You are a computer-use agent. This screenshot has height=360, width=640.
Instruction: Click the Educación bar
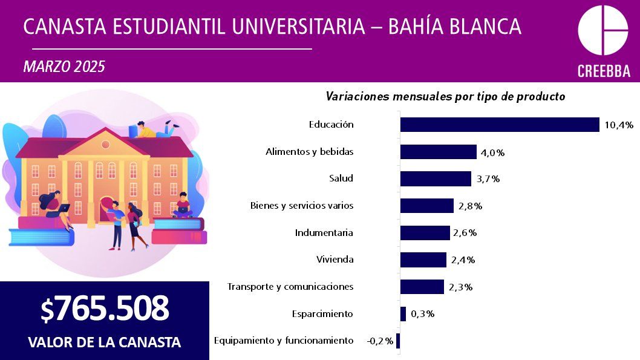(x=499, y=125)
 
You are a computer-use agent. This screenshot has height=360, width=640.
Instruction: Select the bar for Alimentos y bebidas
(x=438, y=152)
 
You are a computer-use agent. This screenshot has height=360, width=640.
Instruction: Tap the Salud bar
(x=436, y=178)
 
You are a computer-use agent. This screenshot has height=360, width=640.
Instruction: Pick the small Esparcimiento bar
(x=403, y=314)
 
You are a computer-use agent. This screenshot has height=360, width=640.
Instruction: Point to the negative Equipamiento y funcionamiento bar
(x=398, y=341)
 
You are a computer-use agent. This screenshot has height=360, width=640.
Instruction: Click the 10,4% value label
(x=618, y=125)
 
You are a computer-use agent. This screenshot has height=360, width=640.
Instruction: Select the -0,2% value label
(x=380, y=341)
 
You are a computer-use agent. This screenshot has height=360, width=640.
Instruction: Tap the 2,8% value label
(x=470, y=206)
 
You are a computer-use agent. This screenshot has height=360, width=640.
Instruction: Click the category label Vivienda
(x=335, y=260)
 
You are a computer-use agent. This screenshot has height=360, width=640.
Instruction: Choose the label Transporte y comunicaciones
(x=290, y=287)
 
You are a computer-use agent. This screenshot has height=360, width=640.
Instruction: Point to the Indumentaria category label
(x=324, y=233)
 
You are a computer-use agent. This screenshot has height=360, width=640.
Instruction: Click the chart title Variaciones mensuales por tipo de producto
(x=445, y=96)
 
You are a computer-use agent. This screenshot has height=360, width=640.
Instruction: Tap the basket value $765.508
(x=105, y=309)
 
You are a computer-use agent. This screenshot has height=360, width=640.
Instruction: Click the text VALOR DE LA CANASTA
(x=104, y=342)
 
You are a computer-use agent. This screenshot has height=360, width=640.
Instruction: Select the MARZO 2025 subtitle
(x=64, y=67)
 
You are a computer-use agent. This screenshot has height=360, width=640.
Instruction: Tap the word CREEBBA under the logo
(x=604, y=71)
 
